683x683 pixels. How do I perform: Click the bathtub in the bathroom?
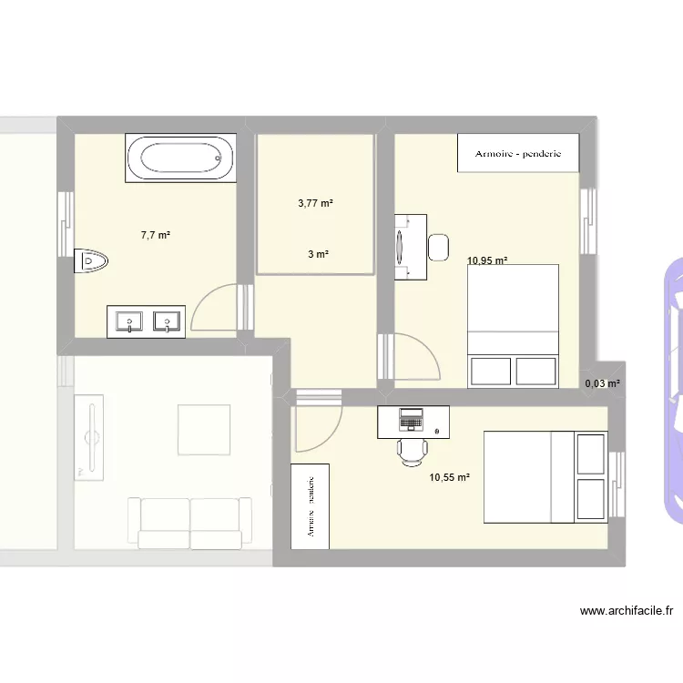pyautogui.click(x=180, y=158)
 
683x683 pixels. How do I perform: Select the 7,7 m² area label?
pyautogui.click(x=156, y=235)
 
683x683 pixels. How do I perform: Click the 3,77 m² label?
pyautogui.click(x=316, y=203)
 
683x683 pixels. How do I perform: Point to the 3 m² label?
pyautogui.click(x=317, y=255)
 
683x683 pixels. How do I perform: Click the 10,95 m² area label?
pyautogui.click(x=487, y=260)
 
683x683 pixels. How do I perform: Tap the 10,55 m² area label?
pyautogui.click(x=450, y=476)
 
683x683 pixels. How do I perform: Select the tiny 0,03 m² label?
pyautogui.click(x=602, y=383)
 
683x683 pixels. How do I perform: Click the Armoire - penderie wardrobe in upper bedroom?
pyautogui.click(x=518, y=153)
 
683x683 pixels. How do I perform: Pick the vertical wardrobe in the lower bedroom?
pyautogui.click(x=310, y=506)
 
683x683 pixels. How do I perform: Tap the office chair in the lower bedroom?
pyautogui.click(x=413, y=449)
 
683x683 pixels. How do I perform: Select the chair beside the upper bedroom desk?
pyautogui.click(x=438, y=247)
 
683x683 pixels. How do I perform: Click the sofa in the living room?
pyautogui.click(x=189, y=523)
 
